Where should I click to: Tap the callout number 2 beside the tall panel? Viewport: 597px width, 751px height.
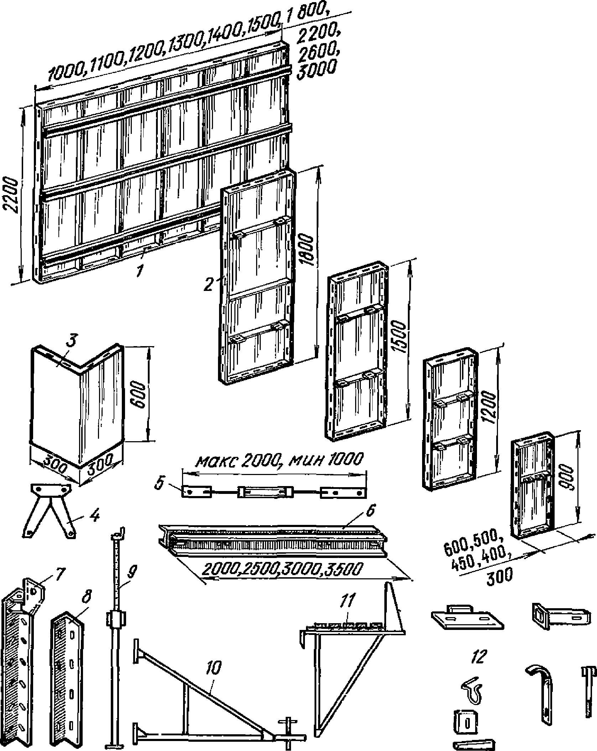click(210, 285)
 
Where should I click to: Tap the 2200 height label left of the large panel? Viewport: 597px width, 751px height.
click(11, 195)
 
